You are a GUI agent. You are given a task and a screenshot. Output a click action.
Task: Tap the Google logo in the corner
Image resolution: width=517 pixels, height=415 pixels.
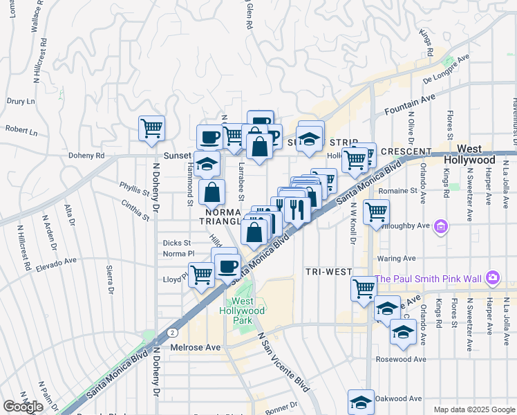pos(23,407)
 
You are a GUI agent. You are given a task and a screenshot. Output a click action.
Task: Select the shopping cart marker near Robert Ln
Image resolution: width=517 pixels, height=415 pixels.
pos(151,128)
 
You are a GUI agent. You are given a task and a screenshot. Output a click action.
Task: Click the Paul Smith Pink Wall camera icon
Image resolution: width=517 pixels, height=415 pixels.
pos(492,278)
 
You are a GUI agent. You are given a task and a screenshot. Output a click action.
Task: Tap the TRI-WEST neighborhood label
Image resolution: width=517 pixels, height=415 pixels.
pos(328,273)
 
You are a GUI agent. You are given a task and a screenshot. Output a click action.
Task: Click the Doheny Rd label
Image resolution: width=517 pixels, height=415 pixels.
pos(86,156)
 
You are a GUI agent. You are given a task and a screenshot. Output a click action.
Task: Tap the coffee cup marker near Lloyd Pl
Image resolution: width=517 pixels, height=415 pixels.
pos(227,266)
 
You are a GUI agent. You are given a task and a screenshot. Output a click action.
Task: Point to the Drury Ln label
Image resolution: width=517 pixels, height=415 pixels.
pos(21,102)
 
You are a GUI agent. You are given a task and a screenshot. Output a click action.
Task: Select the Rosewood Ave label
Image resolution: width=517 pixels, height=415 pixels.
pos(401,359)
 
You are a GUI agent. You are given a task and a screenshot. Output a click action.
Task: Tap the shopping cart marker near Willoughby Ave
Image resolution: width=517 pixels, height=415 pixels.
pos(376,212)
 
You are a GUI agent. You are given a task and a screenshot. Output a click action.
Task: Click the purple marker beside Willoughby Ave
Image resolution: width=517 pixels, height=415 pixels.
pos(441,225)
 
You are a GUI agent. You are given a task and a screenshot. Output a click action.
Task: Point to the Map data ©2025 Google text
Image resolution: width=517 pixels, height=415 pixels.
pos(474,409)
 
